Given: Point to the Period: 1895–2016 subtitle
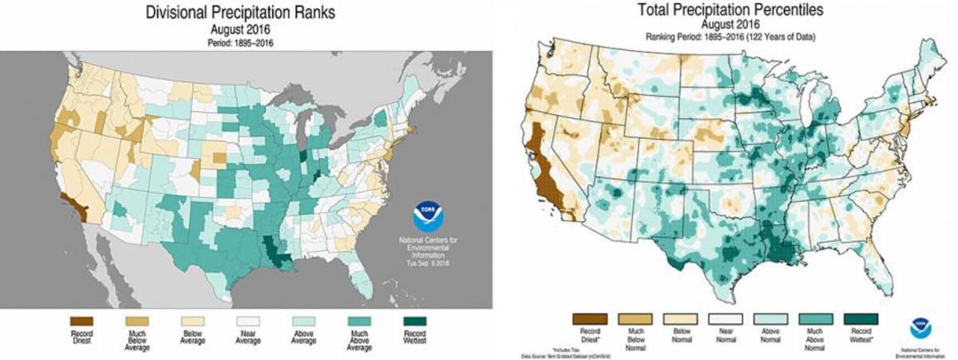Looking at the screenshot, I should pyautogui.click(x=240, y=42).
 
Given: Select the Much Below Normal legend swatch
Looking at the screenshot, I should pyautogui.click(x=635, y=319).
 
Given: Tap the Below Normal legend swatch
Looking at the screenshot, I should pyautogui.click(x=679, y=319).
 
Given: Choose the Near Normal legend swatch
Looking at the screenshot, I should pyautogui.click(x=725, y=319).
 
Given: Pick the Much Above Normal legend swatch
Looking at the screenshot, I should pyautogui.click(x=815, y=319).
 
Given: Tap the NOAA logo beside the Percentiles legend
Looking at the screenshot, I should pyautogui.click(x=924, y=328).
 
